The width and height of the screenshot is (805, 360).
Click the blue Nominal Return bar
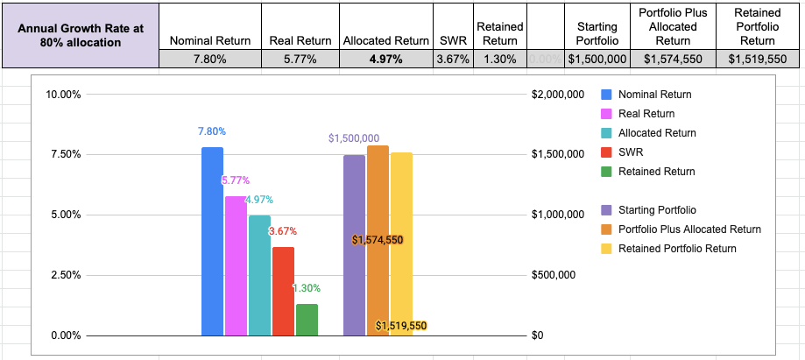coord(212,241)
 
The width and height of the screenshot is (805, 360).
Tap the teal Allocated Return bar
coord(259,275)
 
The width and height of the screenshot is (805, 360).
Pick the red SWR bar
coord(283,291)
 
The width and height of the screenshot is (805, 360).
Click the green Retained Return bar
coord(307,320)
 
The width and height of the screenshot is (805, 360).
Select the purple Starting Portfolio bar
coord(354,245)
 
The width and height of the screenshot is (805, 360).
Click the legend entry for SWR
coord(631,152)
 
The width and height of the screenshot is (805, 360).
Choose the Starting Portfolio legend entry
coord(657,210)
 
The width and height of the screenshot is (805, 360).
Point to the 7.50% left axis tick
coord(63,154)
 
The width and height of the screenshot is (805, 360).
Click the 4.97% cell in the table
coord(386,60)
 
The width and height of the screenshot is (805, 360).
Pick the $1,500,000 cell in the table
coord(597,60)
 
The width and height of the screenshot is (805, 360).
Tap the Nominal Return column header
coord(209,40)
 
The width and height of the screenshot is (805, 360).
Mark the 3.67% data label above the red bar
coord(282,231)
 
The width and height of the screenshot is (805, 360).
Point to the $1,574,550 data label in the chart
coord(378,240)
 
